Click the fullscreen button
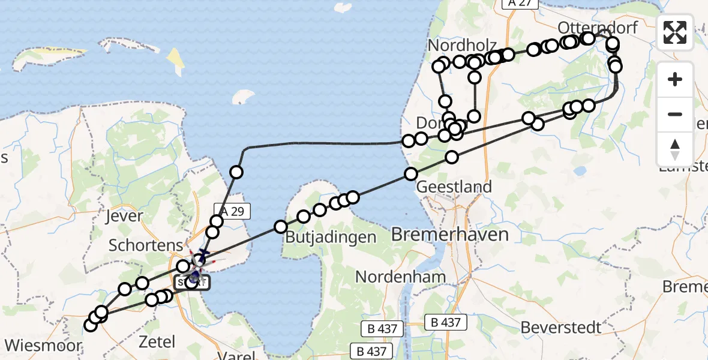[x=675, y=32]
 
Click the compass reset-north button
[x=675, y=149]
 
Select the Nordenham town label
[x=401, y=277]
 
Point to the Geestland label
[x=454, y=187]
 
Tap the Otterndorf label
[x=589, y=28]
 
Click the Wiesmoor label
[x=43, y=346]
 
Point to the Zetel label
[x=157, y=342]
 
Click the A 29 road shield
[x=228, y=211]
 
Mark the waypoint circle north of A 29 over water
[x=236, y=173]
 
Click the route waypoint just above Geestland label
[x=411, y=174]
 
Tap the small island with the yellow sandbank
[x=175, y=60]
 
